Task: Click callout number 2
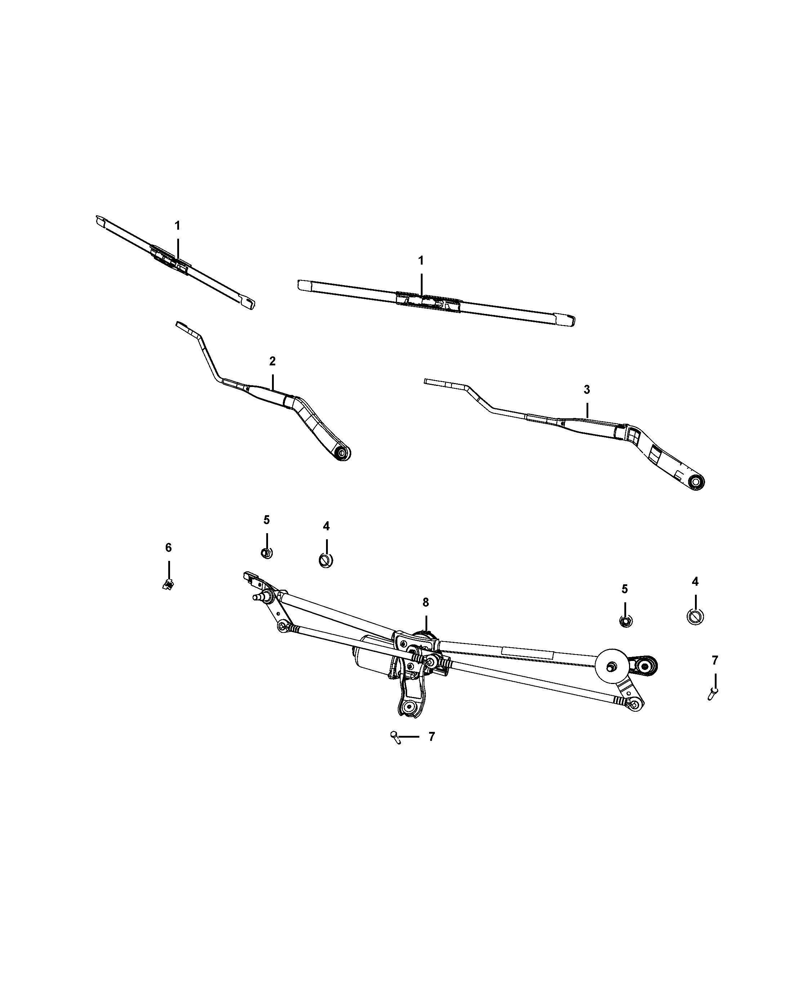272,361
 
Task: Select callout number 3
587,390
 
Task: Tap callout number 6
168,548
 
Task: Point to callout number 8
425,603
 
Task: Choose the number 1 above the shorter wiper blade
177,225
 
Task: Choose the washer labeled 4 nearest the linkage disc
695,617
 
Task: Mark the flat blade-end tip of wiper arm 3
433,382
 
